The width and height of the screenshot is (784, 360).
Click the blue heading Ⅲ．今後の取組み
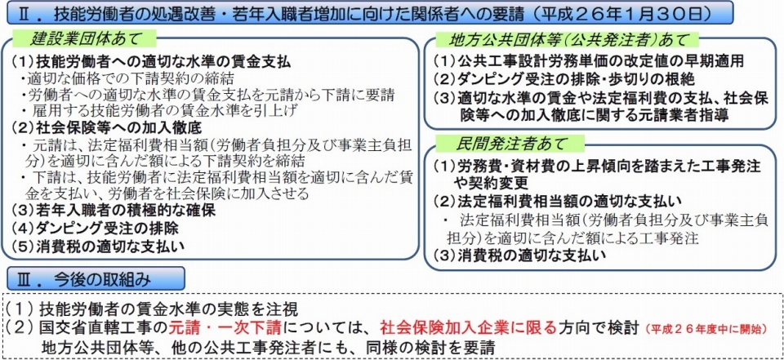[96, 278]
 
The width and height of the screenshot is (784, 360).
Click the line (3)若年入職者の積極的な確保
[113, 211]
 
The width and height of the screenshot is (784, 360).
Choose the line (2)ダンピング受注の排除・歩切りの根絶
[563, 79]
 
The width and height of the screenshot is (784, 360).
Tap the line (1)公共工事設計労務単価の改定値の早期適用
[588, 61]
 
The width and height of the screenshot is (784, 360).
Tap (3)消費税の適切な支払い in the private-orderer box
[519, 256]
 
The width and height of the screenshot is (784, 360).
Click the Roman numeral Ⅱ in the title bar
[22, 13]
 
